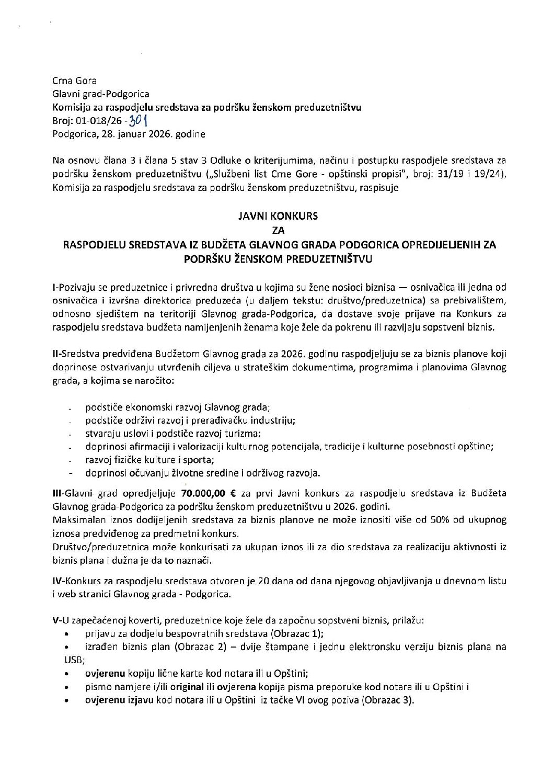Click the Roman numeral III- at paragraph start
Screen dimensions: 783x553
click(58, 493)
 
